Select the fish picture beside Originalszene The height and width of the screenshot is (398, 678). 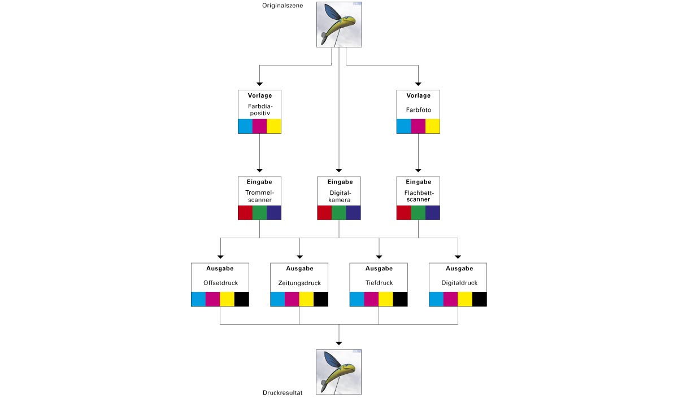click(x=338, y=24)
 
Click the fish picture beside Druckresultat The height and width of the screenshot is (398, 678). click(x=338, y=371)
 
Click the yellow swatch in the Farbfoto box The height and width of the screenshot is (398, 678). click(x=433, y=126)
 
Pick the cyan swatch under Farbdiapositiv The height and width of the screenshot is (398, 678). click(x=245, y=126)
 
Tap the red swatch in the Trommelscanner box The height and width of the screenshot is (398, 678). click(x=245, y=212)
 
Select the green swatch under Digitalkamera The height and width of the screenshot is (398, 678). click(x=339, y=212)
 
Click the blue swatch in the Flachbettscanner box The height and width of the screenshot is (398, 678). click(x=433, y=212)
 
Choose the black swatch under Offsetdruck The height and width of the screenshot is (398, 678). click(x=242, y=299)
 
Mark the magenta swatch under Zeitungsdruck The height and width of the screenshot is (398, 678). click(x=292, y=299)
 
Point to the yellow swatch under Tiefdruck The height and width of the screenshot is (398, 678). click(x=386, y=299)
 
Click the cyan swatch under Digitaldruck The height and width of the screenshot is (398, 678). click(x=436, y=299)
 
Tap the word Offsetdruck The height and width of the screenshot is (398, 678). click(x=220, y=283)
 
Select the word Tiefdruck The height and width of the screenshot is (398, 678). click(x=379, y=283)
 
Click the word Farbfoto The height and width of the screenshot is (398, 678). click(x=418, y=110)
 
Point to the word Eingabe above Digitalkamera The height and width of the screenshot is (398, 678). click(x=339, y=182)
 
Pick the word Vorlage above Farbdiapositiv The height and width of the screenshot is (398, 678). click(x=259, y=95)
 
